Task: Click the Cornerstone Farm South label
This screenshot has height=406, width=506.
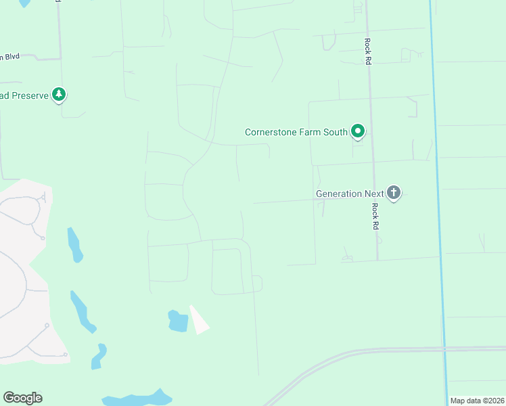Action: pos(296,132)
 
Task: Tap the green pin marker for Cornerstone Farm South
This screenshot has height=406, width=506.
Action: pos(358,131)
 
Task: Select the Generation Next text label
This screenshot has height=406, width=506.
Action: pos(350,194)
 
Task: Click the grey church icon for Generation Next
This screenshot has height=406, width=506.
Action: pos(394,193)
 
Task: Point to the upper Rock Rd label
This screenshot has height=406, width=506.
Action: pos(368,49)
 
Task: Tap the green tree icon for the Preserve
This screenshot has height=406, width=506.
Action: pos(59,95)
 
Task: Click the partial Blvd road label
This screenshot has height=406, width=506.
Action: pos(9,57)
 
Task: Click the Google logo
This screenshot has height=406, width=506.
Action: pos(22,398)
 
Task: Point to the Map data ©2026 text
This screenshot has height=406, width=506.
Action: pos(477,401)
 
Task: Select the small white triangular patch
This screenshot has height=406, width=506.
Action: pos(199,321)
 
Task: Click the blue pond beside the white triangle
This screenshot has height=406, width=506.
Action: pos(178,321)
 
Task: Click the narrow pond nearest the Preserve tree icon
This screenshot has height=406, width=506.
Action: pos(74,245)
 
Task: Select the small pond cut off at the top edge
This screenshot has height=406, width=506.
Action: pos(24,3)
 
